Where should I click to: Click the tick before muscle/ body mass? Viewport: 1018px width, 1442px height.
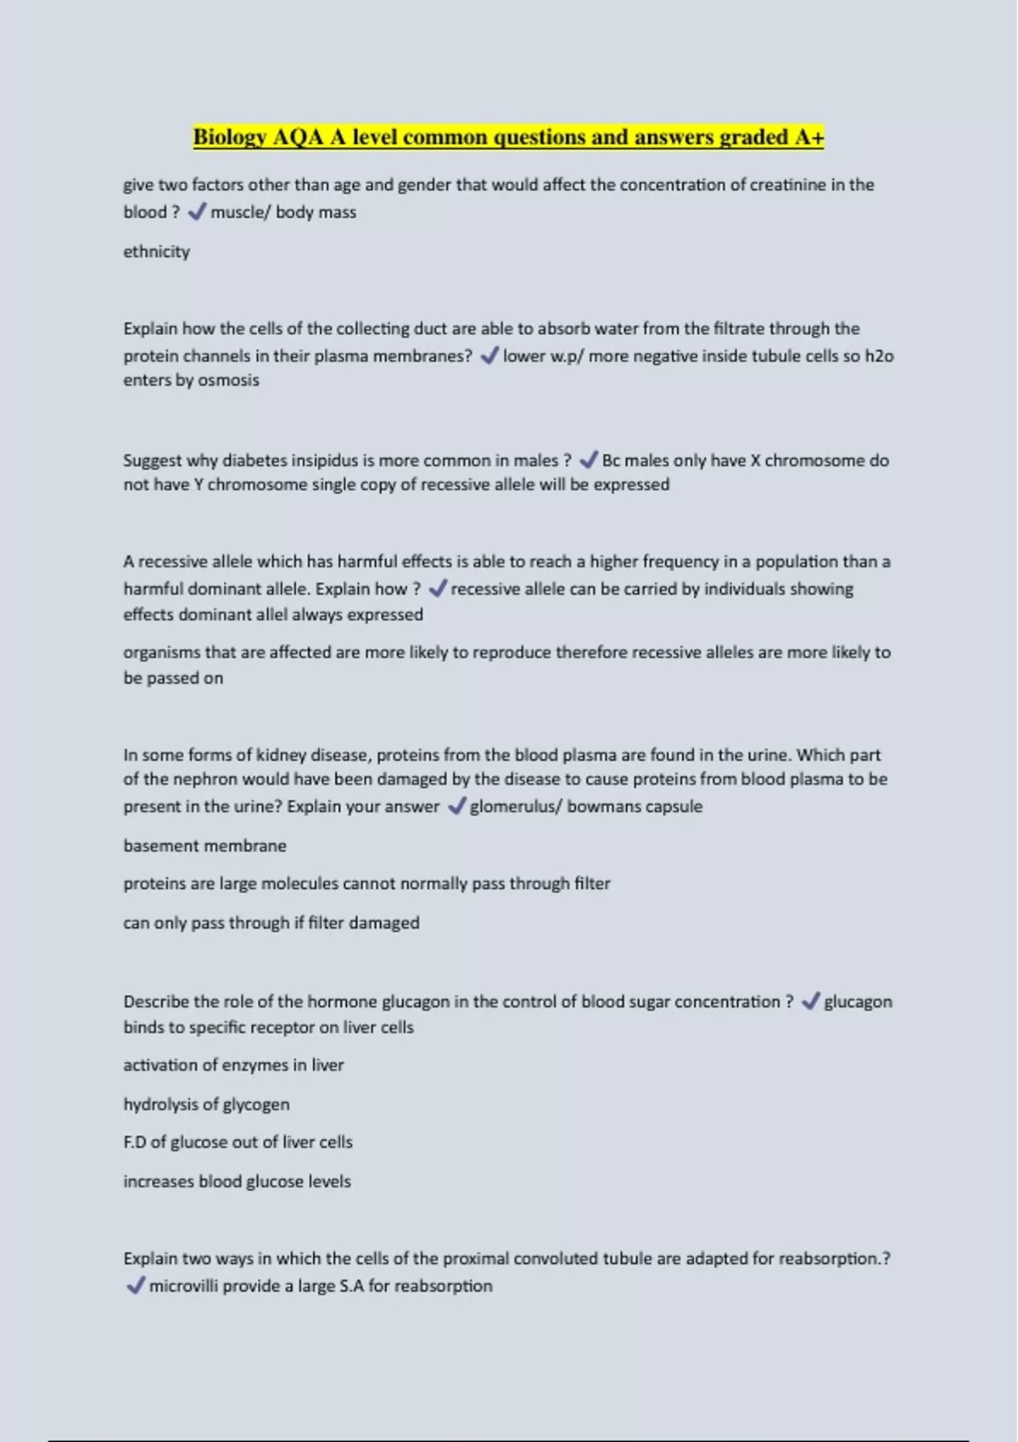pyautogui.click(x=197, y=212)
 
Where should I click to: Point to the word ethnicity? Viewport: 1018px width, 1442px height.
pyautogui.click(x=157, y=252)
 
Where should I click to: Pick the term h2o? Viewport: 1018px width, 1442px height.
pyautogui.click(x=879, y=356)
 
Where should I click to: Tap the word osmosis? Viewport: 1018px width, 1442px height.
pyautogui.click(x=228, y=381)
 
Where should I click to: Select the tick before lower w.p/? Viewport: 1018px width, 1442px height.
pyautogui.click(x=489, y=356)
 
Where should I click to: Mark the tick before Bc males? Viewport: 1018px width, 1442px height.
pyautogui.click(x=588, y=461)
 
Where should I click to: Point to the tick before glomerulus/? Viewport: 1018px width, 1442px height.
pyautogui.click(x=456, y=807)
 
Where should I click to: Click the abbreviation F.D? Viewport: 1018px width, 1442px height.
pyautogui.click(x=135, y=1143)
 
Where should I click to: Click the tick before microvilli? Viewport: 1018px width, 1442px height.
pyautogui.click(x=135, y=1286)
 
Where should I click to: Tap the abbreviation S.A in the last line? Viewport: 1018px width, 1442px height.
pyautogui.click(x=351, y=1286)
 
